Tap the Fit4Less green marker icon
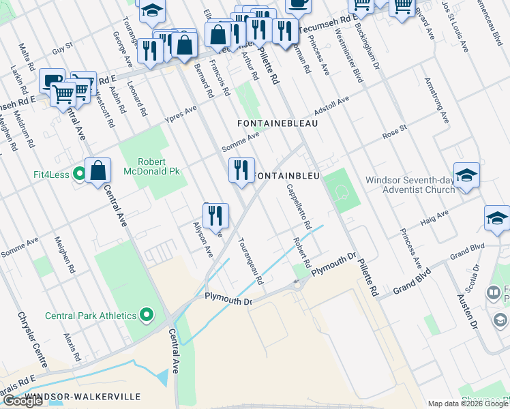coord(79,175)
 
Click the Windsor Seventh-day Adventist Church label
coord(410,185)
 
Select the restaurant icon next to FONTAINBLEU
coord(241,170)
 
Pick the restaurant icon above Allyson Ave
coord(215,215)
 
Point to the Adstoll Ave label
coord(331,105)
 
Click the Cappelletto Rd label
coord(299,207)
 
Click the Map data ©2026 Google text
coord(468,404)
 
